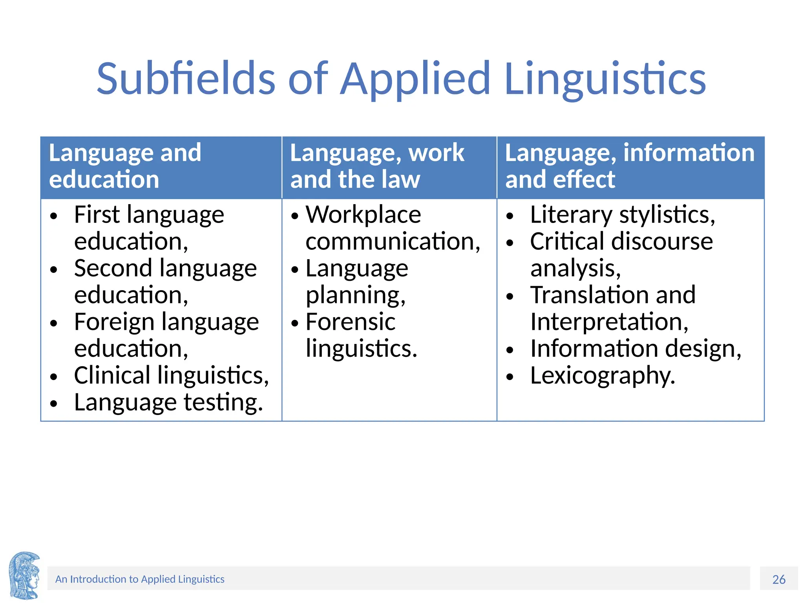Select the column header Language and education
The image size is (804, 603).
[125, 166]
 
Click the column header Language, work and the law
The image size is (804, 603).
[377, 166]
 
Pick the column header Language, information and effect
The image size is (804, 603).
[629, 166]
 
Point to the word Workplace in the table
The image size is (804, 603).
[363, 215]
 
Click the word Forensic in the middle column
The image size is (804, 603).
[350, 322]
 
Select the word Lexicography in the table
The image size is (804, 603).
[602, 376]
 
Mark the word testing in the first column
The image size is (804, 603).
[222, 403]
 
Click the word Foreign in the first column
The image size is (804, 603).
[113, 322]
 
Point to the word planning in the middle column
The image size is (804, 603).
[355, 295]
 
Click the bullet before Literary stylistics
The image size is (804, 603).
[510, 216]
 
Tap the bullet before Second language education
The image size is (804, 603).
[54, 270]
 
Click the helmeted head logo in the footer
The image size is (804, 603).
[24, 575]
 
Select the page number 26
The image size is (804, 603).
[779, 579]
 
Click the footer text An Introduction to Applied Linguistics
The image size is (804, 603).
[140, 579]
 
